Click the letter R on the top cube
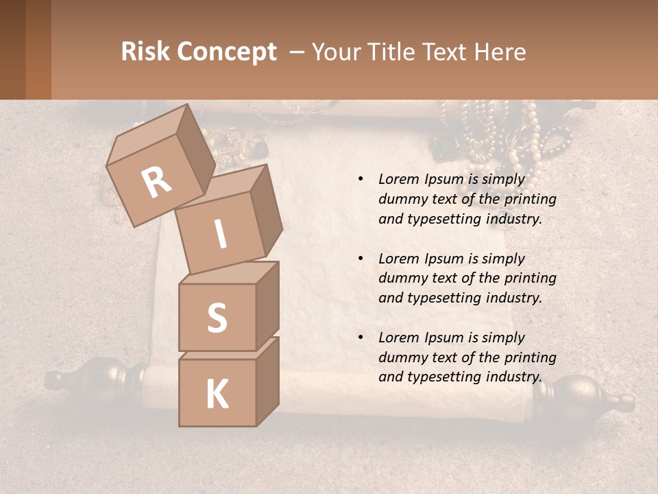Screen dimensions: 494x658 coord(156,182)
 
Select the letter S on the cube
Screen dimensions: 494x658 coord(217,318)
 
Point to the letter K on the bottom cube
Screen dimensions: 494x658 coord(217,395)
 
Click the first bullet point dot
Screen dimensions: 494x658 coord(361,179)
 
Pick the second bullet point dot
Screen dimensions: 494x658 coord(361,259)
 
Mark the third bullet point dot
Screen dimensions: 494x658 coord(361,338)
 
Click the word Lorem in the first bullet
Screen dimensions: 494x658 coord(399,179)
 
